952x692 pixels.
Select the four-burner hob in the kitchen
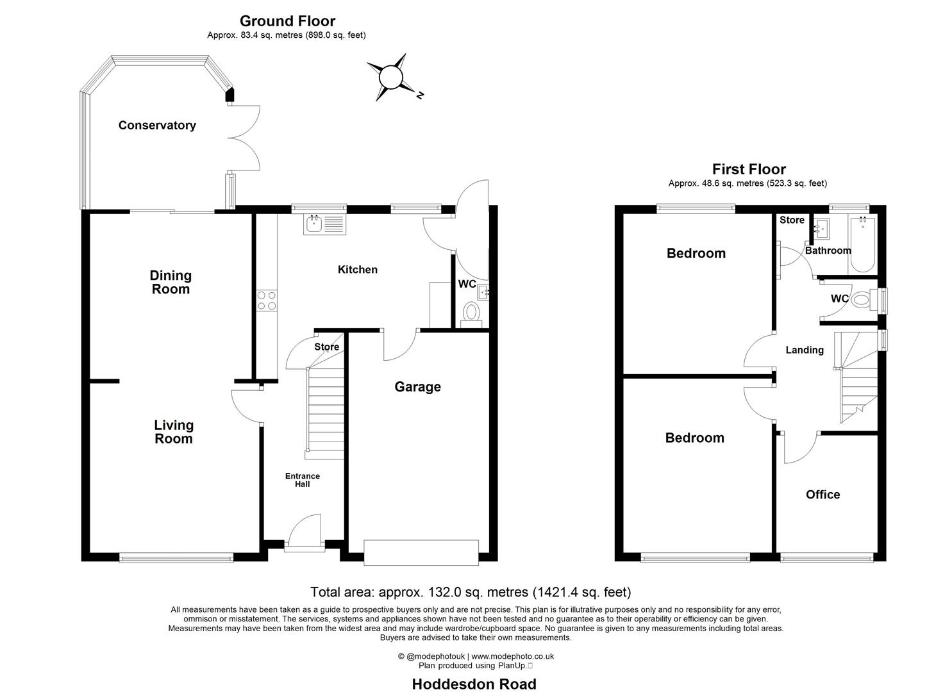coord(267,300)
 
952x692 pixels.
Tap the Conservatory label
coord(157,126)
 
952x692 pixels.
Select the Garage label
coord(417,387)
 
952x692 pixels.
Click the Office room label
coord(823,495)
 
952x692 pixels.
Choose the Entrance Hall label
coord(303,480)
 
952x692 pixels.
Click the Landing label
coord(805,350)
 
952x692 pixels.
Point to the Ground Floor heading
coord(287,21)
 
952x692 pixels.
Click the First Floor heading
coord(749,169)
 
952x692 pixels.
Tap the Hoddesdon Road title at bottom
coord(474,684)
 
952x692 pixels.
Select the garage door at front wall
coord(421,552)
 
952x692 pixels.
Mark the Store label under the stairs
coord(326,347)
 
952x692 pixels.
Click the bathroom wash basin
coord(821,227)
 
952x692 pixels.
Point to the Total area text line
coord(471,592)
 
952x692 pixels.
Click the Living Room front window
coord(176,558)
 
